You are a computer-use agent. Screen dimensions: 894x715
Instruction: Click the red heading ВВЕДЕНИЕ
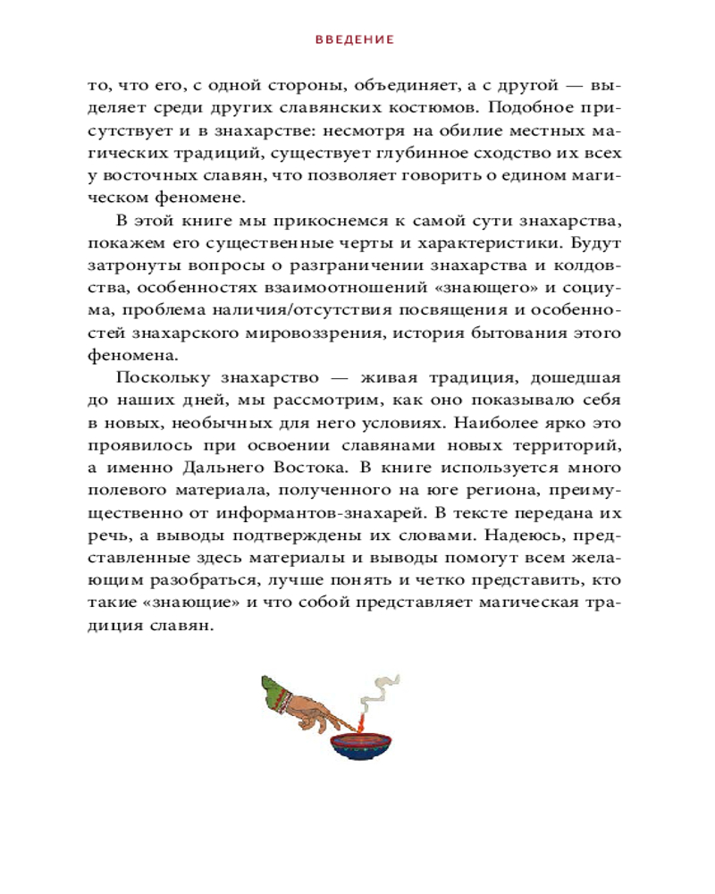[356, 40]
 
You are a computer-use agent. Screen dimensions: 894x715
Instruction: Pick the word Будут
[593, 243]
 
